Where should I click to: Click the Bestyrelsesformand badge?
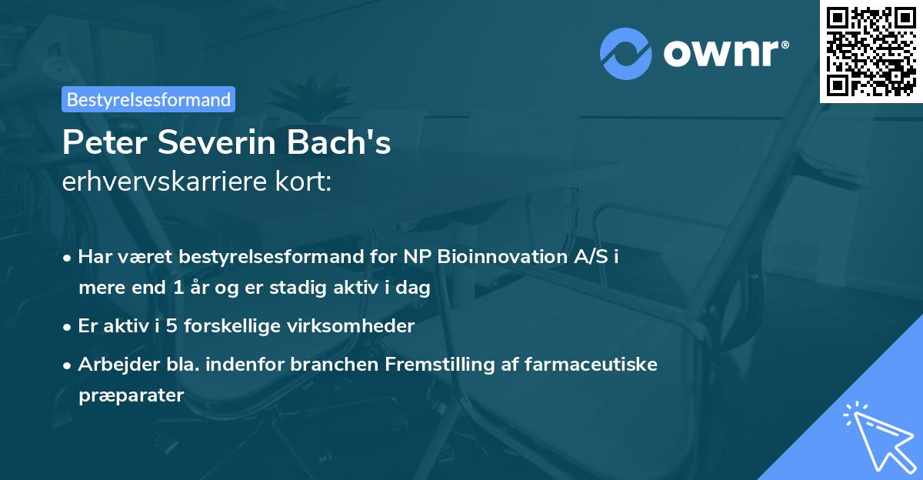point(148,99)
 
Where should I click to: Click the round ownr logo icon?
point(626,53)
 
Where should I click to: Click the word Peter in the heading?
point(98,144)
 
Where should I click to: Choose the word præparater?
point(131,396)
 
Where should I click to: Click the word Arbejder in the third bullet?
point(112,365)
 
